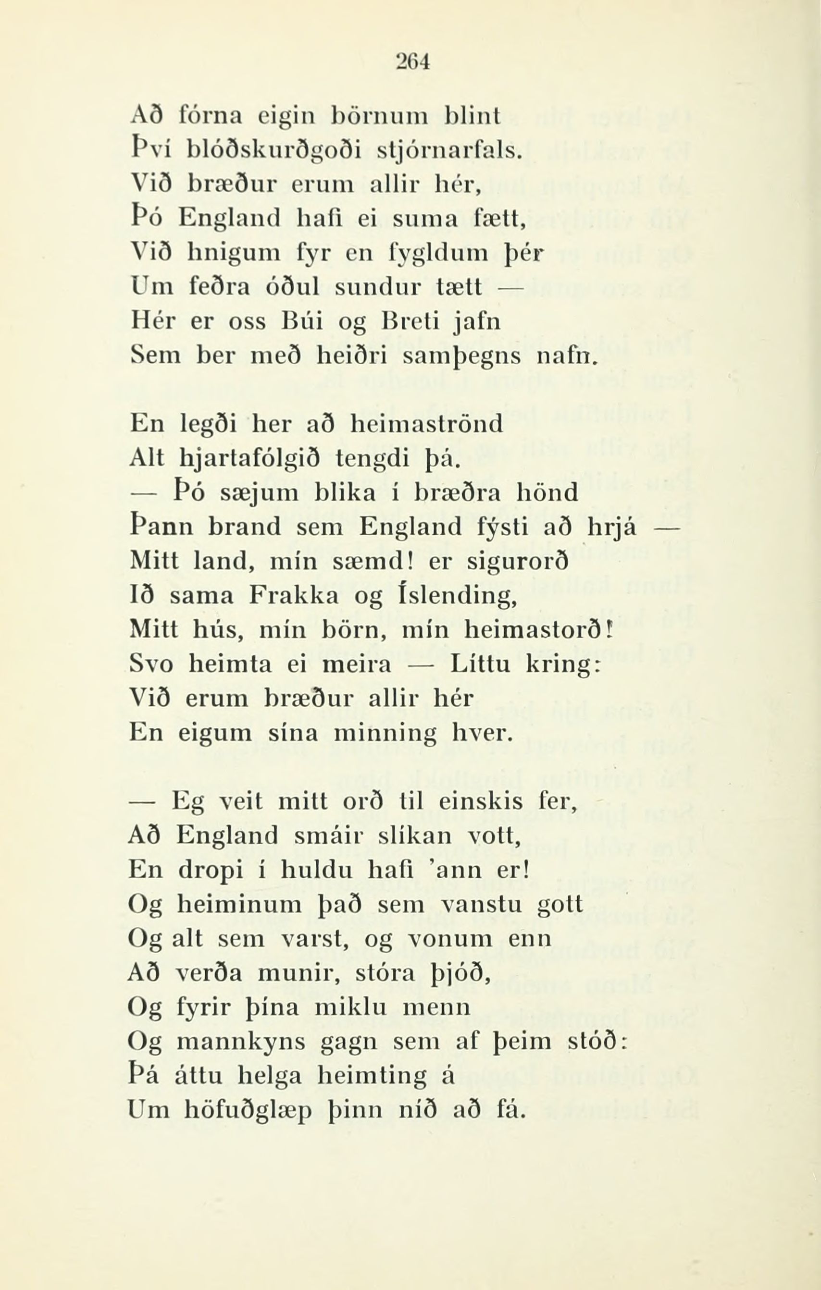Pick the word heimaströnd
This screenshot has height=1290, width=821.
(x=426, y=425)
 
